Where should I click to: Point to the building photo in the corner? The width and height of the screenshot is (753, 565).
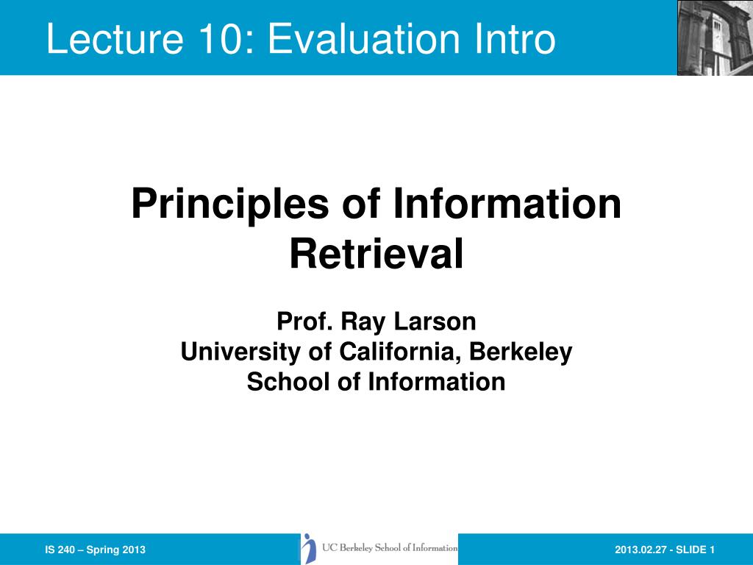click(x=715, y=38)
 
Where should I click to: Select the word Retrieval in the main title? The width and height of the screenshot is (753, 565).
click(x=376, y=254)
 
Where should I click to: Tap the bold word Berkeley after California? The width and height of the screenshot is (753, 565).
click(x=521, y=352)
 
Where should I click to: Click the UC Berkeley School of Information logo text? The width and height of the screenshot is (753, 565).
click(x=390, y=547)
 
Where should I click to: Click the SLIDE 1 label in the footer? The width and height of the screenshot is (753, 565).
click(x=695, y=550)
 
